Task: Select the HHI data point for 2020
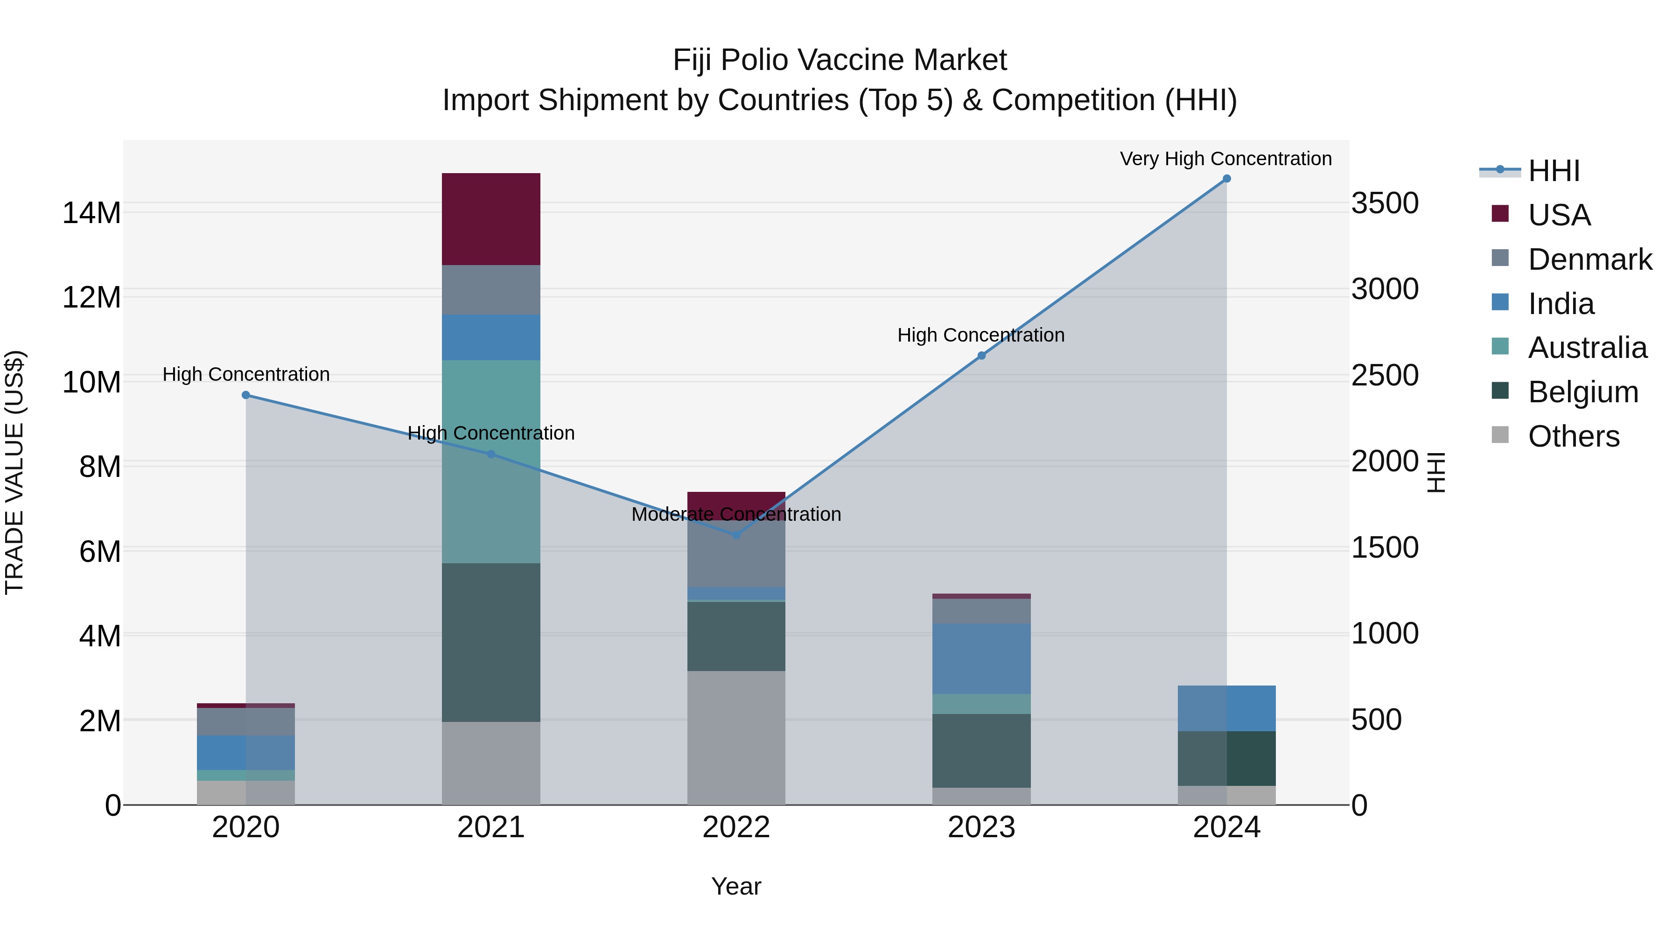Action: pos(246,395)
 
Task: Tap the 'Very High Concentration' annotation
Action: pos(1225,159)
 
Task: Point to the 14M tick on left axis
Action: pos(91,213)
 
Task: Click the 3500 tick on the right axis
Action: pos(1384,203)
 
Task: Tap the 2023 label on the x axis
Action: pos(981,827)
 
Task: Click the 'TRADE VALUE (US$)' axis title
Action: pos(14,472)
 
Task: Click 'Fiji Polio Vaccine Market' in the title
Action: pos(840,60)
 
